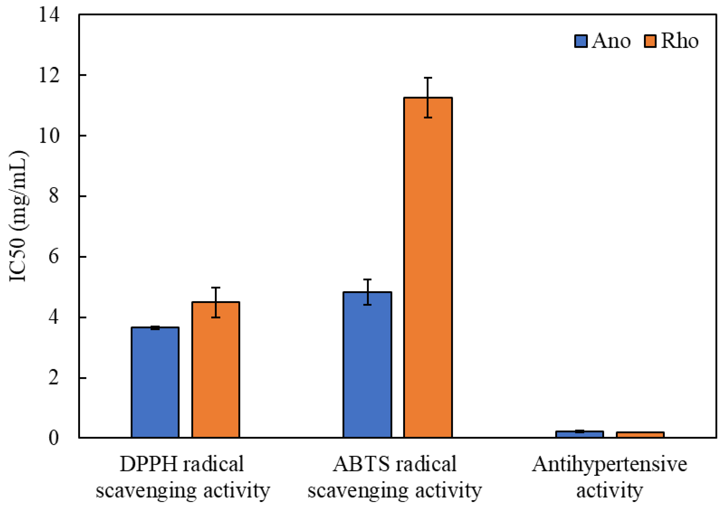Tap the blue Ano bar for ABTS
click(x=367, y=365)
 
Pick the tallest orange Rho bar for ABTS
click(x=428, y=267)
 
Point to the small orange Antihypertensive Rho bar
click(x=640, y=435)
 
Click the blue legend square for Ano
click(x=581, y=41)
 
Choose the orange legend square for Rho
click(x=650, y=41)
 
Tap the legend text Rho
click(x=679, y=41)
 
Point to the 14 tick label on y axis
click(x=49, y=15)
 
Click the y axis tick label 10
click(x=49, y=136)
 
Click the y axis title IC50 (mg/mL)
click(x=18, y=217)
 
